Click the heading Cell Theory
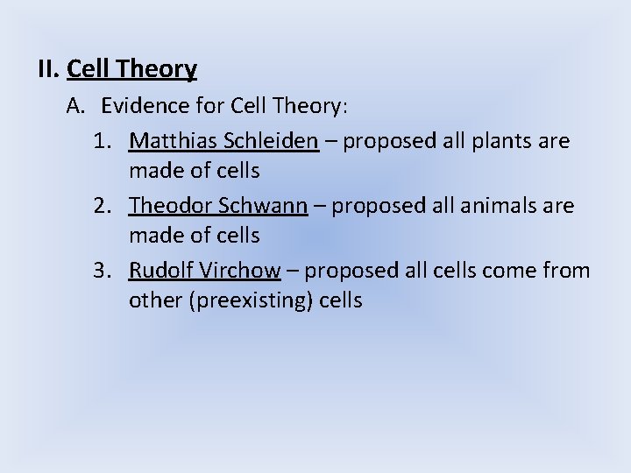(131, 67)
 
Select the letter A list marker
(75, 107)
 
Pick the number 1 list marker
(101, 140)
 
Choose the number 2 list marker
(101, 206)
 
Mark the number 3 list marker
(101, 272)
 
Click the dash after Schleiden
(331, 140)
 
